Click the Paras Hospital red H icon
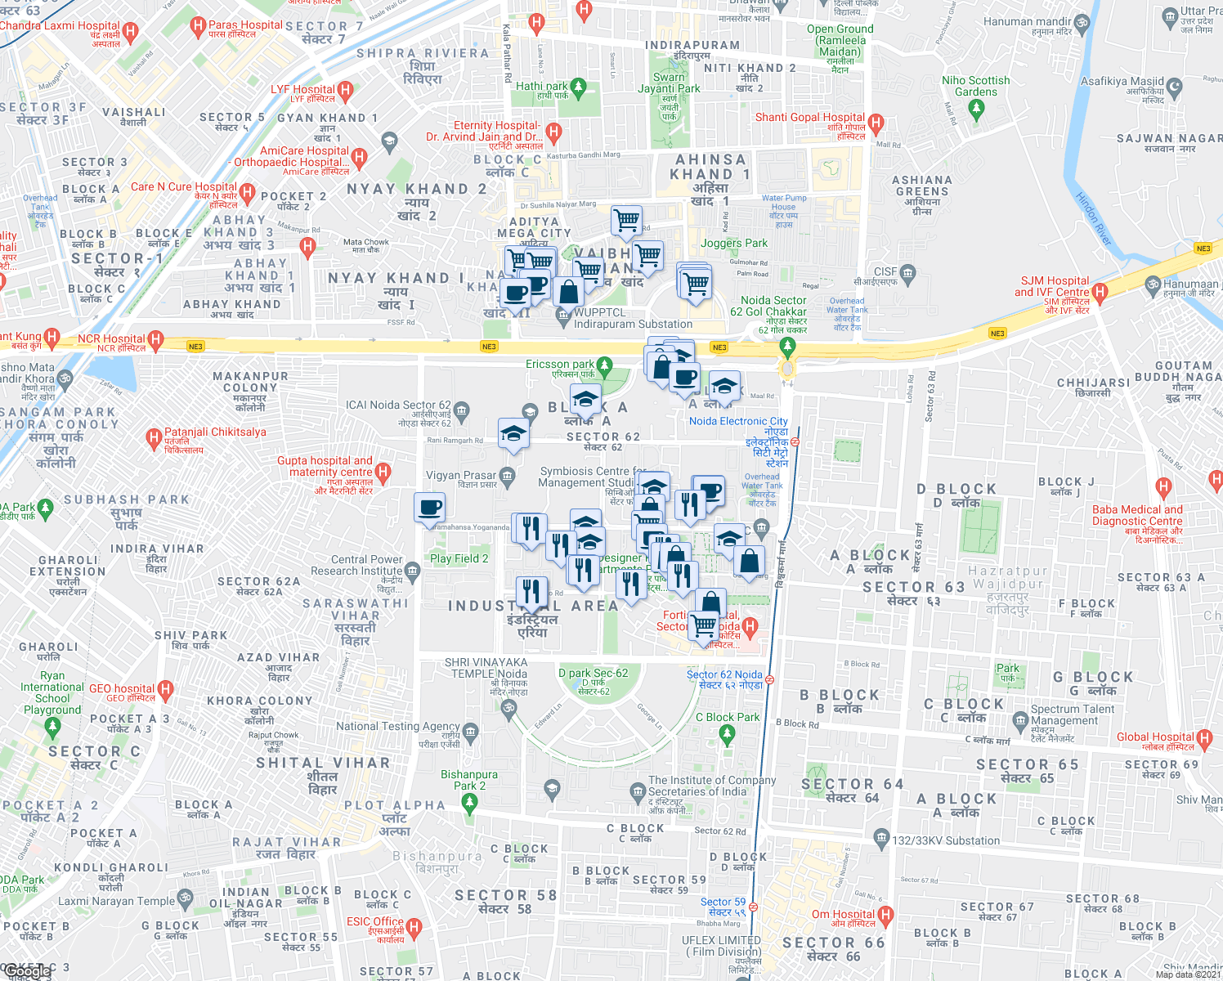[197, 27]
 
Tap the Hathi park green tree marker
[579, 87]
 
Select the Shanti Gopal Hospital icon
[876, 124]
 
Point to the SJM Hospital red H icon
[1100, 291]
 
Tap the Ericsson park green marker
[604, 365]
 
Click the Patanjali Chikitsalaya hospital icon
[153, 438]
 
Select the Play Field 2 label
[459, 558]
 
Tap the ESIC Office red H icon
[414, 927]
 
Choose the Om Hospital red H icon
[885, 915]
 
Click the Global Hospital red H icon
[1204, 737]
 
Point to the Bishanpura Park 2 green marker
[469, 803]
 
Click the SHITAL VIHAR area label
[323, 763]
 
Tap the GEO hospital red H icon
[165, 689]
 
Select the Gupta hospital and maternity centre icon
[383, 472]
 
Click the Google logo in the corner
[26, 971]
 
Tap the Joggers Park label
[733, 243]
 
